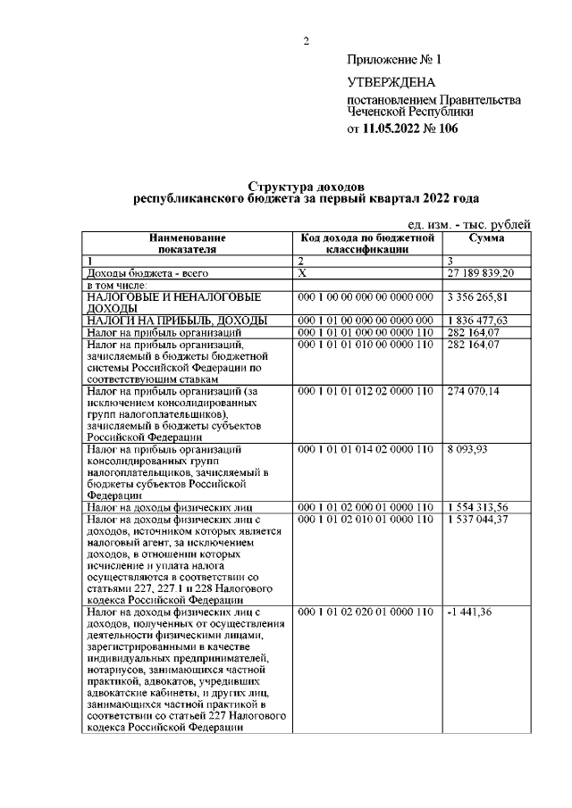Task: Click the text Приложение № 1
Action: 394,60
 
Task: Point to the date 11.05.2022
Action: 393,129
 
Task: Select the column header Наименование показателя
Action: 188,245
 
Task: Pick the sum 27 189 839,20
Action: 481,272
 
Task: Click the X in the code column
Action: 301,272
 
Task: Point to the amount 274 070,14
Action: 474,391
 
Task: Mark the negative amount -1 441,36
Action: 468,612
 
